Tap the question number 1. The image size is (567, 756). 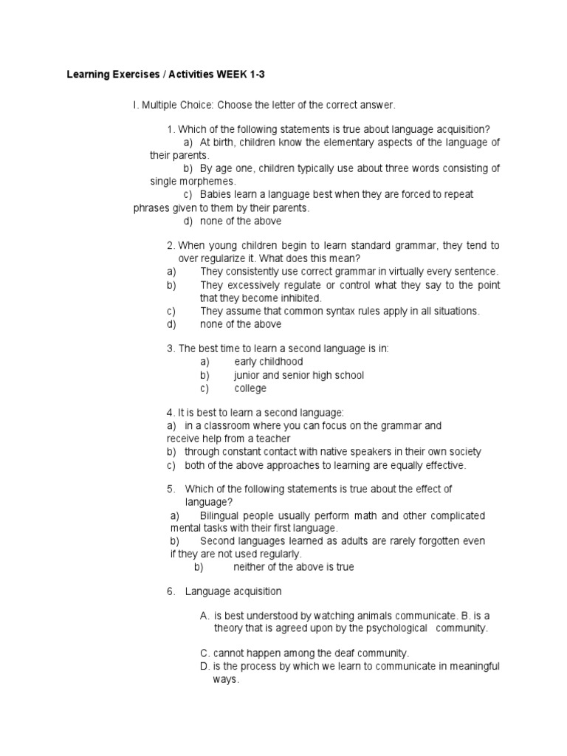[171, 129]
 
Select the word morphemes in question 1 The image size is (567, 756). [211, 182]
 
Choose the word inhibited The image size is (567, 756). [299, 298]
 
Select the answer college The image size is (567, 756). [250, 388]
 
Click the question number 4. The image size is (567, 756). [171, 412]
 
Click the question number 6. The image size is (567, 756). [171, 591]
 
